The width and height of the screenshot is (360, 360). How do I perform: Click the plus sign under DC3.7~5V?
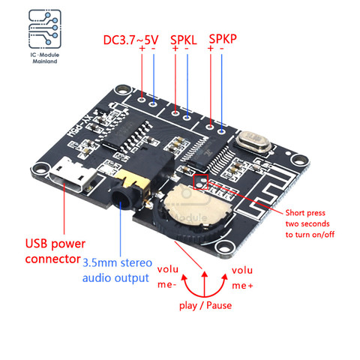click(x=140, y=49)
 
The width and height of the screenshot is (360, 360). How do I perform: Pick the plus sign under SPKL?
click(x=175, y=49)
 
